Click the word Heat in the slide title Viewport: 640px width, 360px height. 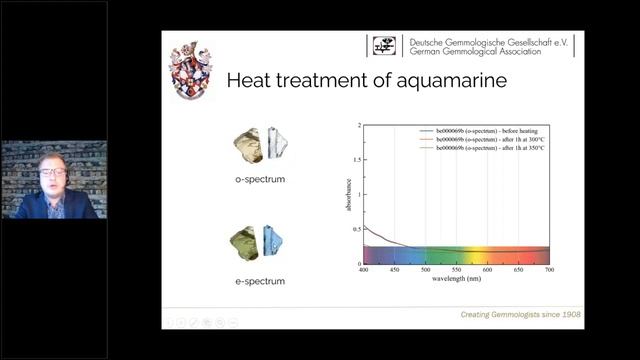tap(255, 81)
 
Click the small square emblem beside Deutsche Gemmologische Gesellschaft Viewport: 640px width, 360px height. tap(385, 45)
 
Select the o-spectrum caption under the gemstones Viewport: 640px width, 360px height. tap(260, 178)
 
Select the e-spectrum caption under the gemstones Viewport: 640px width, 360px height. tap(260, 281)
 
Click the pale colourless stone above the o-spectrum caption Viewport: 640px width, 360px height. tap(276, 144)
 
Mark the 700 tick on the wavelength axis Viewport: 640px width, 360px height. tap(549, 269)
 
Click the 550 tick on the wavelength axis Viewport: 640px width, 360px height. tap(456, 269)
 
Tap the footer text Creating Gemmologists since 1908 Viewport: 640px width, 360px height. tap(521, 315)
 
